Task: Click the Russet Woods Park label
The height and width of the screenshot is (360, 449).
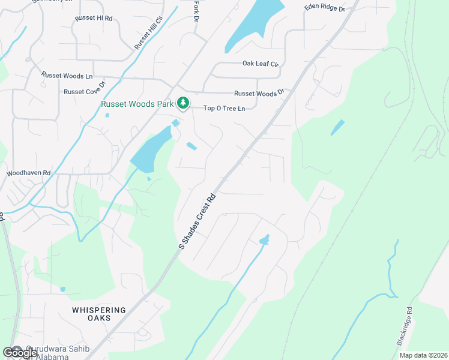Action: click(x=137, y=104)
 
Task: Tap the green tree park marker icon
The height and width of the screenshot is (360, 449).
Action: click(x=183, y=104)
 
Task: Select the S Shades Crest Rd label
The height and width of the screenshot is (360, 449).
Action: click(x=197, y=221)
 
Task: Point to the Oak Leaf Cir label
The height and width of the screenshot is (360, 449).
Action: click(x=261, y=63)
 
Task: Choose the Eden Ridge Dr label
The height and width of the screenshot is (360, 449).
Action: click(x=325, y=8)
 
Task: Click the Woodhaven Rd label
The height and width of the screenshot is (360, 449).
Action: click(x=29, y=172)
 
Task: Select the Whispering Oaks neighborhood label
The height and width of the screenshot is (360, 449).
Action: click(x=99, y=314)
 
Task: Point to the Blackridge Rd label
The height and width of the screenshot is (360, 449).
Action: click(x=406, y=326)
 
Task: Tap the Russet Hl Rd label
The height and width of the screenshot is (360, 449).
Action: click(x=94, y=19)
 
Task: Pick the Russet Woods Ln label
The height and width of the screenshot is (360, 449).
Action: click(x=67, y=76)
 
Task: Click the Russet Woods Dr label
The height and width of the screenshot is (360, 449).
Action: click(x=259, y=93)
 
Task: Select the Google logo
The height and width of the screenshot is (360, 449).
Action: click(x=20, y=353)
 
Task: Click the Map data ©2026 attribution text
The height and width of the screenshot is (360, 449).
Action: click(x=423, y=355)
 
